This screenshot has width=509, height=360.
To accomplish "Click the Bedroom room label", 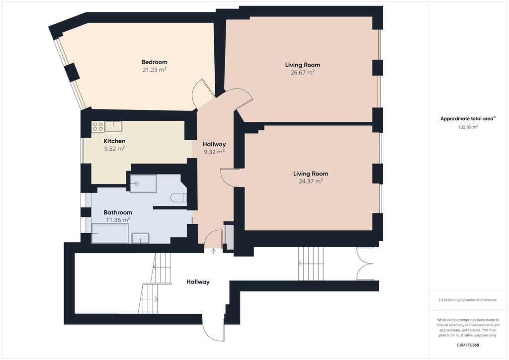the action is [155, 62].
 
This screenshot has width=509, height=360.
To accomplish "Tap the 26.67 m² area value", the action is [303, 73].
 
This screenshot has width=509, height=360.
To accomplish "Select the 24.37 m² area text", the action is [311, 181].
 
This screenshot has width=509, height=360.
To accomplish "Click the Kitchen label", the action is [115, 141].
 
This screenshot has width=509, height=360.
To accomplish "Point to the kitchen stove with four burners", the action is [98, 127].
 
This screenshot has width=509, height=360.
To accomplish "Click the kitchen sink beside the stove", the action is [113, 126].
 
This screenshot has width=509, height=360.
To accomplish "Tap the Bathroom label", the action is [118, 212].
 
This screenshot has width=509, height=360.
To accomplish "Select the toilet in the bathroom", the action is [178, 198].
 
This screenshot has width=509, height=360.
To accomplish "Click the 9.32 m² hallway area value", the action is [214, 152].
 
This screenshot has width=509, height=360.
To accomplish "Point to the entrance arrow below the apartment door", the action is [213, 251].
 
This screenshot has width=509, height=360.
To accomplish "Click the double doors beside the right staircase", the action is [365, 264].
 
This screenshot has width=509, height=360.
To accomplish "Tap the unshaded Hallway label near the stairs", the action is [198, 282].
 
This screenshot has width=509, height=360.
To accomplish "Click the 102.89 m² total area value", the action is [468, 127].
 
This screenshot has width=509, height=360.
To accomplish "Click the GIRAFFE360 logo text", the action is [468, 345].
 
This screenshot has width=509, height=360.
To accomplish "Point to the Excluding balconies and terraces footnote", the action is [468, 300].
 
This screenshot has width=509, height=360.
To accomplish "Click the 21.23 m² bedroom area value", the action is [155, 70].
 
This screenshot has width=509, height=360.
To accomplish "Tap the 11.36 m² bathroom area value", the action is [118, 220].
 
